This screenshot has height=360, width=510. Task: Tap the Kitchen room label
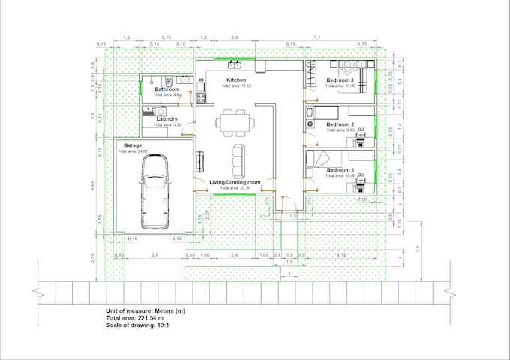(236, 79)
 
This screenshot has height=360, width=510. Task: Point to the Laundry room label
(166, 118)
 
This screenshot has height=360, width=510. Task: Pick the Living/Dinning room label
(234, 181)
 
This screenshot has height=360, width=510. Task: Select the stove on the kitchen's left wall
(200, 96)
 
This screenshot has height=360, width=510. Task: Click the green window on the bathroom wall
(142, 88)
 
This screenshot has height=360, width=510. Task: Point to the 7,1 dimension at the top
(317, 37)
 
